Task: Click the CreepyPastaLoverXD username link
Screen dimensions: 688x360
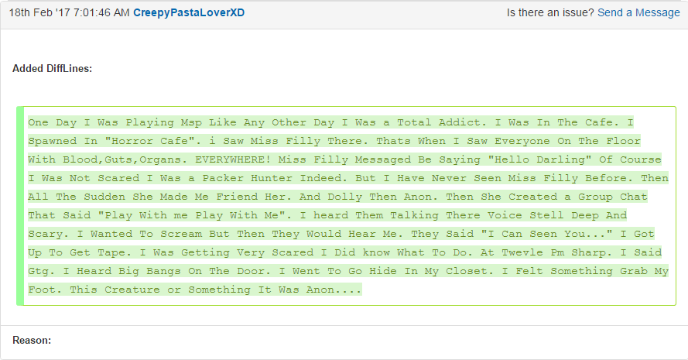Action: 189,12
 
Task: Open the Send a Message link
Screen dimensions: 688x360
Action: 638,12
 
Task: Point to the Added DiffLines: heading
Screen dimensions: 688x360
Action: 52,68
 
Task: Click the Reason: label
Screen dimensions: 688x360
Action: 32,340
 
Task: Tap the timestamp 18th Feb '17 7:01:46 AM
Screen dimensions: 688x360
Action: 69,12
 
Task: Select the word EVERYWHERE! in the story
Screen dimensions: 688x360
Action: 233,159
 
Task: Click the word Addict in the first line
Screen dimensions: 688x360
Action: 460,122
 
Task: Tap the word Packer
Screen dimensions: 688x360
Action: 223,178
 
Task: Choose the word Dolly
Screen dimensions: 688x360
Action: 345,197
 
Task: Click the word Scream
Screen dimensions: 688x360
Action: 181,234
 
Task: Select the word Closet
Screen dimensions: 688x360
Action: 467,271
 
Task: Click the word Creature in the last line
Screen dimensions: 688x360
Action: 132,290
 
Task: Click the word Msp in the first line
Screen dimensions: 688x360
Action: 191,122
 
